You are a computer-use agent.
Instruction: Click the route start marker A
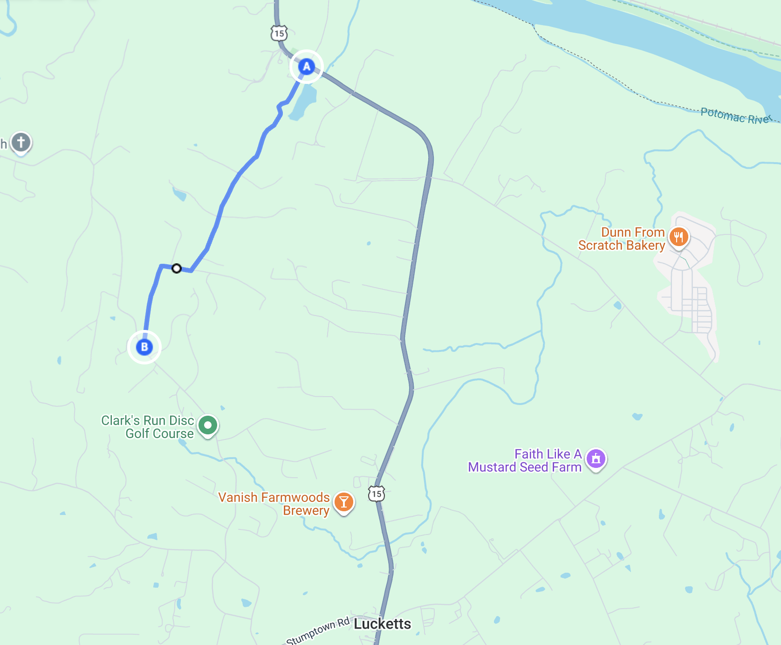(x=306, y=67)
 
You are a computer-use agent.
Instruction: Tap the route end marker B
(x=144, y=347)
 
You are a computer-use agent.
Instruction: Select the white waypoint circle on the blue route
(x=176, y=268)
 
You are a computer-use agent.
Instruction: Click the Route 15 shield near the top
(x=279, y=33)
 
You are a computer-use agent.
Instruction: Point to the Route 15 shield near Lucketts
(x=377, y=494)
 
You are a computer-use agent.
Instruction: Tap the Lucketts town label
(x=382, y=624)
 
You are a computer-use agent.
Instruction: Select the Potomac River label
(x=735, y=116)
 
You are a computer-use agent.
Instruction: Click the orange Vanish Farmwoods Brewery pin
(x=344, y=502)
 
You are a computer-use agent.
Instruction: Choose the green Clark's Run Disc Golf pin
(x=208, y=425)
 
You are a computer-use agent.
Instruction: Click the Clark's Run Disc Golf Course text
(x=148, y=427)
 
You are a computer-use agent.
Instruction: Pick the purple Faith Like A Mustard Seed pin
(x=596, y=459)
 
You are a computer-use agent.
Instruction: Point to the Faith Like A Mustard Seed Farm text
(x=525, y=460)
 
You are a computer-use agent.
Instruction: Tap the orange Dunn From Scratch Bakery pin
(x=678, y=237)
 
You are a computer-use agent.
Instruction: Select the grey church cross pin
(x=21, y=142)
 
